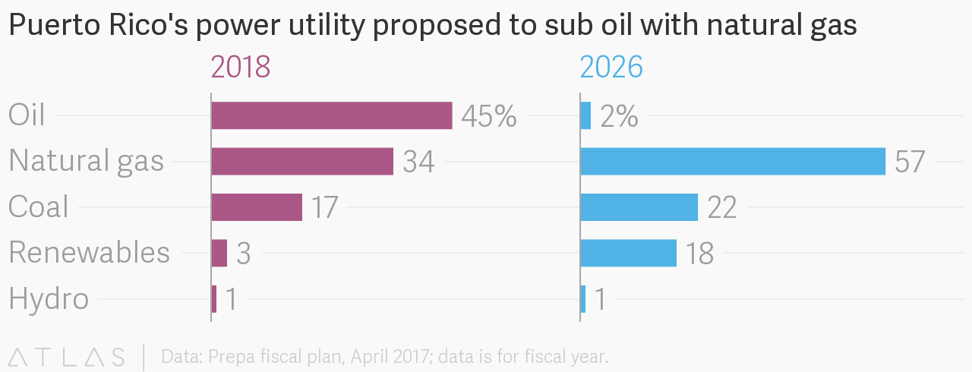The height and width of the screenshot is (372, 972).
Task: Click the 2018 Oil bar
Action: click(x=332, y=115)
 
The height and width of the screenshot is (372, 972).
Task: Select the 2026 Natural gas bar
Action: click(x=733, y=161)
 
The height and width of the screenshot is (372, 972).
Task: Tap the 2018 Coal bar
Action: click(x=257, y=206)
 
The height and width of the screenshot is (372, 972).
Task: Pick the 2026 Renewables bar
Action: click(x=628, y=253)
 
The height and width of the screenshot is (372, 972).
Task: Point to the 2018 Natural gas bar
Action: click(x=302, y=161)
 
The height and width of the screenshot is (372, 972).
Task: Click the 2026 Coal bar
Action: click(x=639, y=206)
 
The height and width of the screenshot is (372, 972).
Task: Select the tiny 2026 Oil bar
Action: click(x=585, y=115)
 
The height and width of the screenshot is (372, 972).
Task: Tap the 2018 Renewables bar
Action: click(x=219, y=253)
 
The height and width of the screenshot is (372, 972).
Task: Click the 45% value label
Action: click(x=489, y=116)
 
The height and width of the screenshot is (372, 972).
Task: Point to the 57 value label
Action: click(x=910, y=162)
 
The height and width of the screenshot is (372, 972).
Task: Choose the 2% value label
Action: click(x=619, y=116)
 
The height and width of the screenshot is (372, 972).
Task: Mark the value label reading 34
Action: click(x=418, y=162)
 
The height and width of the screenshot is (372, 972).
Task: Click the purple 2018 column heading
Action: click(x=240, y=68)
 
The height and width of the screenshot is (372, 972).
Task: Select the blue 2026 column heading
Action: click(x=611, y=68)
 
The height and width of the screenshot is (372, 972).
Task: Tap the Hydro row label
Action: click(x=49, y=298)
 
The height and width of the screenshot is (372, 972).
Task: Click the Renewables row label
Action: click(x=89, y=253)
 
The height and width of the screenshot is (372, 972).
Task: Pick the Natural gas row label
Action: click(x=86, y=162)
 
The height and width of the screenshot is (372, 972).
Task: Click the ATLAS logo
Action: click(x=66, y=356)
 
